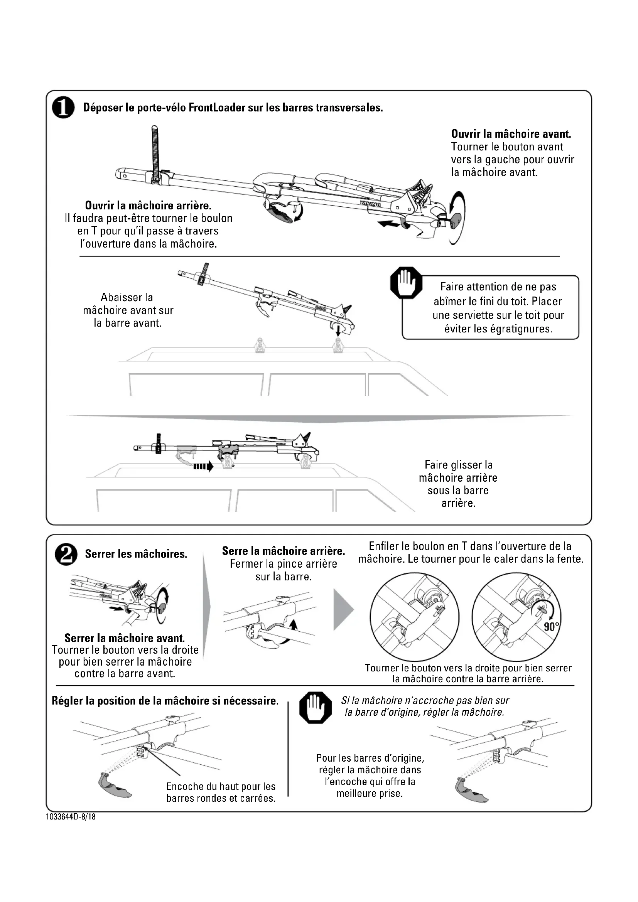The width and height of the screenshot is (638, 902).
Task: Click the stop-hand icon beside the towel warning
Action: tap(406, 283)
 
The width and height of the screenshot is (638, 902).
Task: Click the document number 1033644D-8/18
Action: tap(71, 817)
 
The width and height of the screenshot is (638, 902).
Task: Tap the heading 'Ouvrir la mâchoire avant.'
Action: tap(511, 134)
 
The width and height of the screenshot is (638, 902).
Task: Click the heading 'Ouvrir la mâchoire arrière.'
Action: tap(148, 206)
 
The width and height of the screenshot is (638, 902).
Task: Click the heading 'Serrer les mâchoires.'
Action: tap(136, 554)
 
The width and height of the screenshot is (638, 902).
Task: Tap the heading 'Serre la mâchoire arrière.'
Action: tap(283, 551)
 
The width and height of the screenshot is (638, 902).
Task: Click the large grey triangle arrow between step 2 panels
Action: tap(343, 609)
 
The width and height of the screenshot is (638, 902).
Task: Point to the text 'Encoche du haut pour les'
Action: tap(221, 786)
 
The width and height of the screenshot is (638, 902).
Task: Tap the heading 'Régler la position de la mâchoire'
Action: tap(165, 701)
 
